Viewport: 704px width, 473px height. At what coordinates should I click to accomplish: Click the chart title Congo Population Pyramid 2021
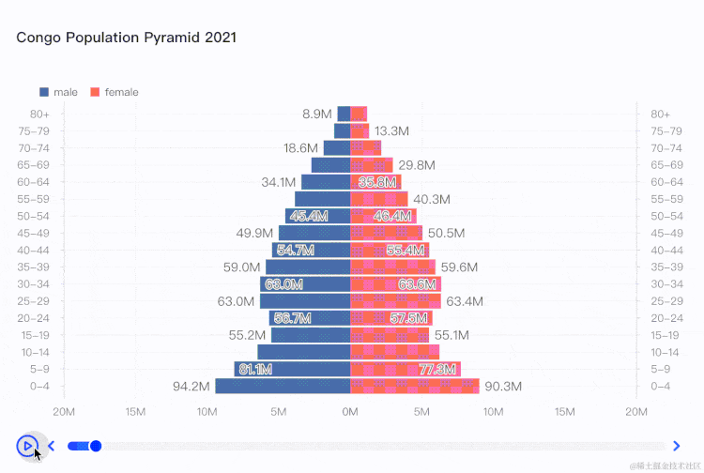pyautogui.click(x=126, y=38)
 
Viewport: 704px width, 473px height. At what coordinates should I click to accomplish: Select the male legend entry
pyautogui.click(x=58, y=92)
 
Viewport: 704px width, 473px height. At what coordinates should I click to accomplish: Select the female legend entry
pyautogui.click(x=115, y=92)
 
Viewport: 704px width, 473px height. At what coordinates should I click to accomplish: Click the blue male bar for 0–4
pyautogui.click(x=283, y=386)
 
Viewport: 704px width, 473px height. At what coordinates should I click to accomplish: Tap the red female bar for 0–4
pyautogui.click(x=415, y=386)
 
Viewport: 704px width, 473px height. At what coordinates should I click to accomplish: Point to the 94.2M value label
pyautogui.click(x=192, y=387)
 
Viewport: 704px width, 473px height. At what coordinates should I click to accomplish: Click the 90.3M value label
pyautogui.click(x=503, y=387)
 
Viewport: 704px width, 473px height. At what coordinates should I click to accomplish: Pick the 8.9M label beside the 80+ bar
pyautogui.click(x=316, y=114)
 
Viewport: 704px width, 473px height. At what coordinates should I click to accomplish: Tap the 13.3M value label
pyautogui.click(x=391, y=130)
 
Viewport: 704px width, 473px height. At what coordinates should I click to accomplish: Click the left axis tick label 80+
pyautogui.click(x=39, y=114)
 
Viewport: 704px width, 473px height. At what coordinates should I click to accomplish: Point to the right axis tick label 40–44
pyautogui.click(x=666, y=250)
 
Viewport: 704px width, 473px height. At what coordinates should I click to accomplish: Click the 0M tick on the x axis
pyautogui.click(x=350, y=411)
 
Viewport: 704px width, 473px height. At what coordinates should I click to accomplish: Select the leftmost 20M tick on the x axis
pyautogui.click(x=64, y=411)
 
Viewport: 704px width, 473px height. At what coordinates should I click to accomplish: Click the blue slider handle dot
pyautogui.click(x=95, y=446)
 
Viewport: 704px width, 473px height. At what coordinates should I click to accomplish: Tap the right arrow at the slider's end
pyautogui.click(x=677, y=446)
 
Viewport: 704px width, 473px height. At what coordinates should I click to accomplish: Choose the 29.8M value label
pyautogui.click(x=417, y=165)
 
